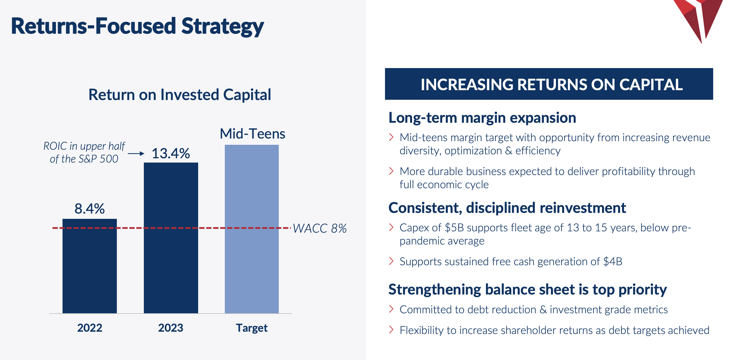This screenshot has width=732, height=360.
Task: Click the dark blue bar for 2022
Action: (90, 266)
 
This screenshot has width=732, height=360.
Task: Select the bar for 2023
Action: (171, 238)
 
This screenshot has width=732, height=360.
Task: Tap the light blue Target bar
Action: (252, 229)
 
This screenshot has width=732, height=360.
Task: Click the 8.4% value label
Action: (90, 209)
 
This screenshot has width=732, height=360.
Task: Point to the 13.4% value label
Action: (170, 153)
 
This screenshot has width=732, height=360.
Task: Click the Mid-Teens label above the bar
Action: (252, 134)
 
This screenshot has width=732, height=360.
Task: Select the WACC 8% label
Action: (320, 228)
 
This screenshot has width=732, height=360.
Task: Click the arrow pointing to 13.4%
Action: (136, 154)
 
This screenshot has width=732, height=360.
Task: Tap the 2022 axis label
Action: (90, 328)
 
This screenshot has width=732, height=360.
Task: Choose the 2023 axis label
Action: (170, 328)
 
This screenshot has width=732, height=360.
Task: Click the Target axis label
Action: (252, 328)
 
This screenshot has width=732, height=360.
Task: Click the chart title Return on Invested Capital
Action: (180, 95)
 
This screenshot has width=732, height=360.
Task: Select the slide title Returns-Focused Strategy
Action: (137, 26)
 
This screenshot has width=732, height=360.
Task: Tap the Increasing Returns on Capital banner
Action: (549, 84)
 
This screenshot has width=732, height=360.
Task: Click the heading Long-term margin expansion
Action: (482, 118)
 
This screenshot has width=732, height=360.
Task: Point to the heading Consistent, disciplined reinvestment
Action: (507, 208)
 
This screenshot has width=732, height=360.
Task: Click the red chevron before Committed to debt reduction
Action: (391, 309)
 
